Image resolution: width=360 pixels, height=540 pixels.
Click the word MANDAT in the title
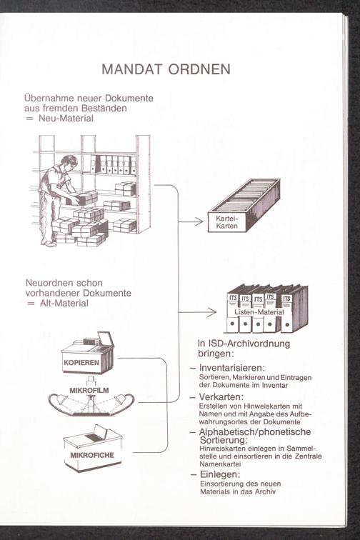tap(131, 69)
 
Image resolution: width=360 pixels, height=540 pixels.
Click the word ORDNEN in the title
tap(199, 69)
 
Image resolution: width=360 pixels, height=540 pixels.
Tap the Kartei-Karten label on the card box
tap(226, 222)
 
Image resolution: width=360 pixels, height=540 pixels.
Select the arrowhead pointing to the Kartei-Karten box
tap(199, 221)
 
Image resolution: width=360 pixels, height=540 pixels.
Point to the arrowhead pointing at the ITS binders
tap(211, 312)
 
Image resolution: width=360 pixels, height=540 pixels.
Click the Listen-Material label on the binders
tap(259, 312)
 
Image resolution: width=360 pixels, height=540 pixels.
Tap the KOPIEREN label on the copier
tap(81, 363)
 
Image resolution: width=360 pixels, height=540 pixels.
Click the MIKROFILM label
tap(89, 391)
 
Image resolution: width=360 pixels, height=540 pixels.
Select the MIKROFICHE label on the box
tap(92, 455)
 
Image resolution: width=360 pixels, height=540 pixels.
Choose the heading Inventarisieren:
tap(232, 368)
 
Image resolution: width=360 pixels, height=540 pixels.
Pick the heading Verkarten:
tap(221, 396)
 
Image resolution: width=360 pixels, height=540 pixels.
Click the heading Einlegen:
tap(220, 474)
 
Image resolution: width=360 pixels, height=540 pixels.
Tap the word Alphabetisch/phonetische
tap(255, 432)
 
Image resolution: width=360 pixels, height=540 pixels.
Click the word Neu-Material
tap(66, 119)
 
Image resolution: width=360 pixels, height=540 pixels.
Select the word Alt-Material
tap(64, 304)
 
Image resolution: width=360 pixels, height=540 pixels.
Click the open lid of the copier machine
tap(106, 339)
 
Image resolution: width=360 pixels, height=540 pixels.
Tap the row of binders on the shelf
tap(113, 164)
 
